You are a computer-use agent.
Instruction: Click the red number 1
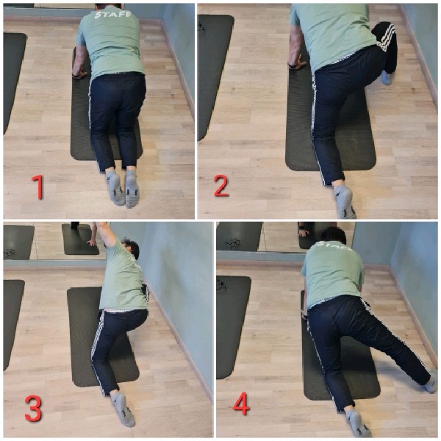click(x=38, y=187)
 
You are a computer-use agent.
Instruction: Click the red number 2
click(x=221, y=186)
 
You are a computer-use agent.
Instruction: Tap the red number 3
click(x=33, y=409)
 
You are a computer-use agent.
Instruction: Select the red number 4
click(x=242, y=404)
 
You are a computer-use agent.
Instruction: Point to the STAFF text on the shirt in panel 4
click(x=334, y=245)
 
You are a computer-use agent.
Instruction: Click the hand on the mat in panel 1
click(x=79, y=74)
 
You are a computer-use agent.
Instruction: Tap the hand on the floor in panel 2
click(x=298, y=63)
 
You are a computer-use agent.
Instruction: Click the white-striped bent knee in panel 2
click(x=384, y=37)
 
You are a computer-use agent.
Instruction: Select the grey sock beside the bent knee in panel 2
click(x=387, y=77)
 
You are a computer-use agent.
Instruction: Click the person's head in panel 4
click(x=334, y=235)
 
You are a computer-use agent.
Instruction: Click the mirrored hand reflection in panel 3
click(x=92, y=242)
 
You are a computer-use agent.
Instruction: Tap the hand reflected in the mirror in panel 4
click(x=304, y=232)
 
